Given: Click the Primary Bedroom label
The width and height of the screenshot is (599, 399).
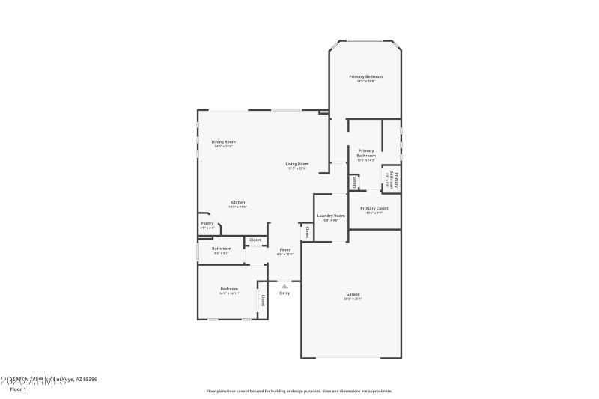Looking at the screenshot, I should (366, 76).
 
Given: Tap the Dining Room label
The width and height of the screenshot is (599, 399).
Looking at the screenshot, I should (223, 141).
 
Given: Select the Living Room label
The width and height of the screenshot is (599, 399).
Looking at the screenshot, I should (297, 164).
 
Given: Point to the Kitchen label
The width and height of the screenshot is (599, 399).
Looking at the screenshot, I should (237, 202).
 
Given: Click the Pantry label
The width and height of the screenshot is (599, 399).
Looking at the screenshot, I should (207, 223).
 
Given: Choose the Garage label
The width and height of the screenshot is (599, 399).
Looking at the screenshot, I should (353, 294).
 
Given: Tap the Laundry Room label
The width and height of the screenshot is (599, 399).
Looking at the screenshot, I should (330, 216).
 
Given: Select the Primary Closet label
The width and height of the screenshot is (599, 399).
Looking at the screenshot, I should (374, 208).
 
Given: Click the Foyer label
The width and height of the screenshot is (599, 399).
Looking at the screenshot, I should (285, 249).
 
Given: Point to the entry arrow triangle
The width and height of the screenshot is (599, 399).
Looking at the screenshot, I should (285, 286).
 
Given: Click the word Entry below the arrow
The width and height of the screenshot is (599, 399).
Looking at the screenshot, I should (285, 293).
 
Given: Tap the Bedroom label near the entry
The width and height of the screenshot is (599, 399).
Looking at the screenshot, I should (228, 289).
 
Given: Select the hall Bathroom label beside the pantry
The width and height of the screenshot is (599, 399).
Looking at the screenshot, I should (222, 249).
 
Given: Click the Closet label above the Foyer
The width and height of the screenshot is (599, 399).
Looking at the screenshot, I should (255, 240).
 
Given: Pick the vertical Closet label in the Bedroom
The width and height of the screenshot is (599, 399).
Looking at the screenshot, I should (263, 300).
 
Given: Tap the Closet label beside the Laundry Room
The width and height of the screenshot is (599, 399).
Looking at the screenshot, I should (307, 232).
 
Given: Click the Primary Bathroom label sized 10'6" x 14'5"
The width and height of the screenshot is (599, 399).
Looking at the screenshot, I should (366, 153).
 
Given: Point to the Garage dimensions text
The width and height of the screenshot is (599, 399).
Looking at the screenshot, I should (353, 299).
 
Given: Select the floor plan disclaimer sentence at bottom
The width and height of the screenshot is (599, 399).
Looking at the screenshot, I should (299, 391).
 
